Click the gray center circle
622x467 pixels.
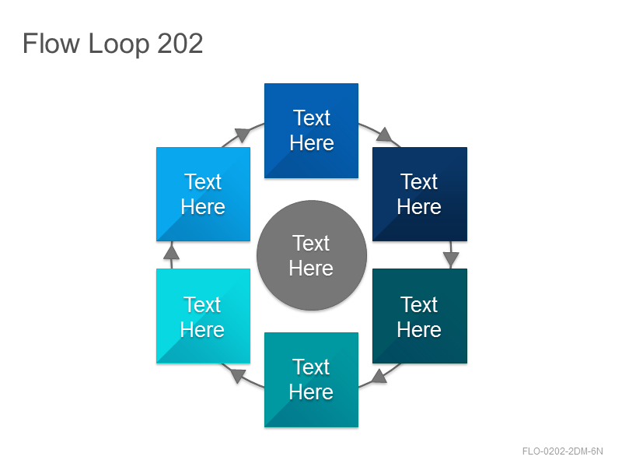click(x=312, y=255)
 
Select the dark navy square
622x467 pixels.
click(x=420, y=194)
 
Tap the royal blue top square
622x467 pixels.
click(x=312, y=131)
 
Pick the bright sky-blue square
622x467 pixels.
click(x=203, y=194)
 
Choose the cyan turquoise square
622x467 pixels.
click(x=203, y=316)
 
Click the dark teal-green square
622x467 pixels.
click(x=420, y=316)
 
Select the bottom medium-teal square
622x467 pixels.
click(x=312, y=380)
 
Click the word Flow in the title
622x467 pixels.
click(x=51, y=44)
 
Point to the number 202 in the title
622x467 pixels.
click(x=180, y=44)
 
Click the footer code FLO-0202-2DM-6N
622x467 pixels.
click(x=562, y=451)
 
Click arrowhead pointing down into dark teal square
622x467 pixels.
click(x=451, y=259)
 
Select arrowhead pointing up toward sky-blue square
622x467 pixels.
click(x=171, y=251)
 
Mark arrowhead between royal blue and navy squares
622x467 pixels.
click(x=385, y=135)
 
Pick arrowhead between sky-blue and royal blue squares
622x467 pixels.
click(x=242, y=135)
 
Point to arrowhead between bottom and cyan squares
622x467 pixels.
click(x=238, y=376)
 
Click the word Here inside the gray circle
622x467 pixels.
click(x=311, y=268)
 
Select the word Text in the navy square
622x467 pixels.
click(x=419, y=182)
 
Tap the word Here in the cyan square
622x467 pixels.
click(x=202, y=329)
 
